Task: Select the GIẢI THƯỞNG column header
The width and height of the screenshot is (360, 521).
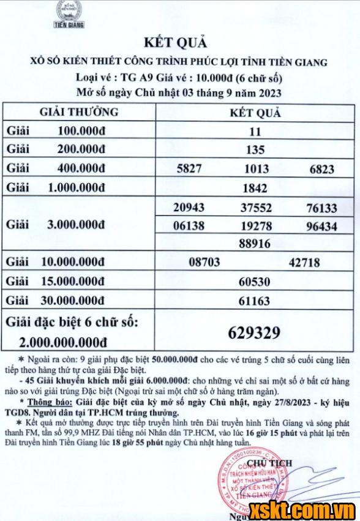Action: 79,113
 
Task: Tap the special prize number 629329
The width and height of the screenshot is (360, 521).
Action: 254,332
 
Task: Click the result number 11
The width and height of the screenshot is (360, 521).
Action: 255,131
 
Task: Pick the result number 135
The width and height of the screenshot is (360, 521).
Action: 255,149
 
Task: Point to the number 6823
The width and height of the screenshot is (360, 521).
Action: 321,168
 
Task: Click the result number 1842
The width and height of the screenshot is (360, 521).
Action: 255,187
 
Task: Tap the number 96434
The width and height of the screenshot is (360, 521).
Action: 321,225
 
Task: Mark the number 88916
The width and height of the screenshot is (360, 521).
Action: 255,244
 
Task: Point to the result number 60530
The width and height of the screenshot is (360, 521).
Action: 255,282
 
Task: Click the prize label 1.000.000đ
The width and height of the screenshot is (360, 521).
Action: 77,187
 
